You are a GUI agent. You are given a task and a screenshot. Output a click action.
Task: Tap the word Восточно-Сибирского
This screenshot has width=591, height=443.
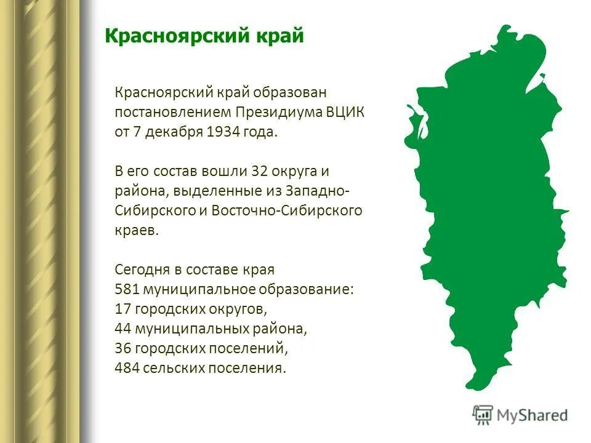[x=286, y=210]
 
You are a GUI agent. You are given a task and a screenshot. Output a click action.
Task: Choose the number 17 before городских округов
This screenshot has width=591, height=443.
[x=123, y=309]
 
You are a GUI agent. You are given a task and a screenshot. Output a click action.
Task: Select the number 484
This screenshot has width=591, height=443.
[x=127, y=368]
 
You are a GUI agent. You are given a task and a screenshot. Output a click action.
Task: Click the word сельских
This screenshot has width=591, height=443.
[x=173, y=368]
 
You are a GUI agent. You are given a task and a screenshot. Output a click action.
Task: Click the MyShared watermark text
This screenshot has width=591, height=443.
[x=533, y=415]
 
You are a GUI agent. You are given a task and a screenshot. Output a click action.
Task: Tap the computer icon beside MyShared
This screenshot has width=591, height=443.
[x=483, y=415]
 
